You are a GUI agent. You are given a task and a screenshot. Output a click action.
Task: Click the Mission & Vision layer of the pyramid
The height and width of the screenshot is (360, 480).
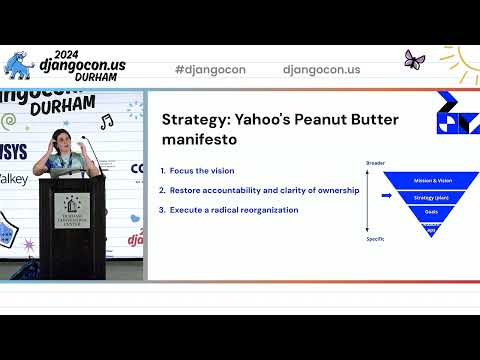pos(432,181)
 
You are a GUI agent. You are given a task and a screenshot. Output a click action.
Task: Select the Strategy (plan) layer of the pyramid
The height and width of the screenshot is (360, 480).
pos(432,198)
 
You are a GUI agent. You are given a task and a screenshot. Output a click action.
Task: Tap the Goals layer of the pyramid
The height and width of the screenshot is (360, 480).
pos(432,212)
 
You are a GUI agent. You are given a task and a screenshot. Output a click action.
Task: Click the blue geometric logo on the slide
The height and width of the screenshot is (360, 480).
pos(457,112)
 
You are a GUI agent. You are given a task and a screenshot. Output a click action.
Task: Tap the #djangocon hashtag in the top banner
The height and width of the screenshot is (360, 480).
pos(210,70)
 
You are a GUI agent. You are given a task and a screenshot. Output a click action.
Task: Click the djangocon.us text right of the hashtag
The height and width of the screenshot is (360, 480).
pos(321,70)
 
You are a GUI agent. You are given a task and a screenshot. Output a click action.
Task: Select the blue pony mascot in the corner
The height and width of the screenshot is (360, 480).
pos(18,68)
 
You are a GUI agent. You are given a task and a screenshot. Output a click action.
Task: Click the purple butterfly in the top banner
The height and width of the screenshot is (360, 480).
pos(412,60)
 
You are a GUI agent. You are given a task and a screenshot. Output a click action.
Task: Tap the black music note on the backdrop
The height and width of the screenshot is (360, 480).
pos(106,121)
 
